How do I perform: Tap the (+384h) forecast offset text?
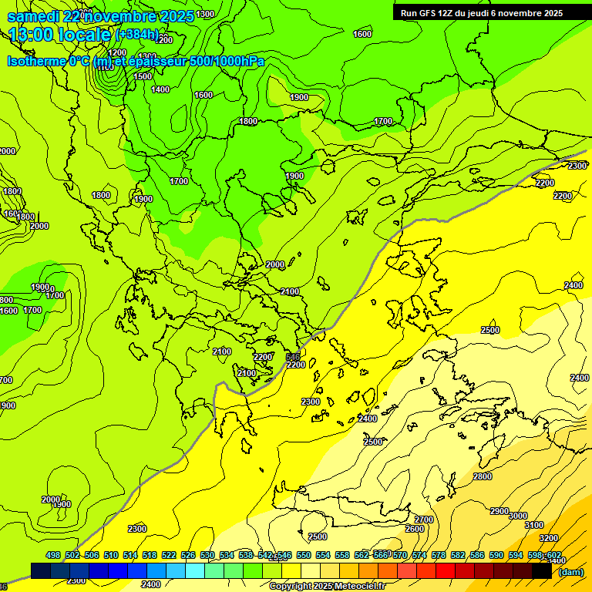tap(137, 35)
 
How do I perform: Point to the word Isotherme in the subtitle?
tap(36, 61)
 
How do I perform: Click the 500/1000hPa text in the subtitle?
tap(227, 61)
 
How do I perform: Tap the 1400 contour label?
tap(160, 89)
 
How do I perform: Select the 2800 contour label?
tap(483, 476)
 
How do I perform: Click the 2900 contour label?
tap(499, 511)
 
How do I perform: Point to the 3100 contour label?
tap(533, 525)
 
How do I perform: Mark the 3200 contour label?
tap(548, 537)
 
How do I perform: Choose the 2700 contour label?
tap(423, 520)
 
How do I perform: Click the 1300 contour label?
tap(205, 14)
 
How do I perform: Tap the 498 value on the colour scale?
tap(53, 555)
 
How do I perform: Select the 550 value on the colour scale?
tap(304, 555)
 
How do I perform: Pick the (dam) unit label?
tap(570, 571)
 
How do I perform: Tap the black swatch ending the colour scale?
tap(542, 570)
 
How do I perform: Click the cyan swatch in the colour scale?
tap(195, 570)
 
